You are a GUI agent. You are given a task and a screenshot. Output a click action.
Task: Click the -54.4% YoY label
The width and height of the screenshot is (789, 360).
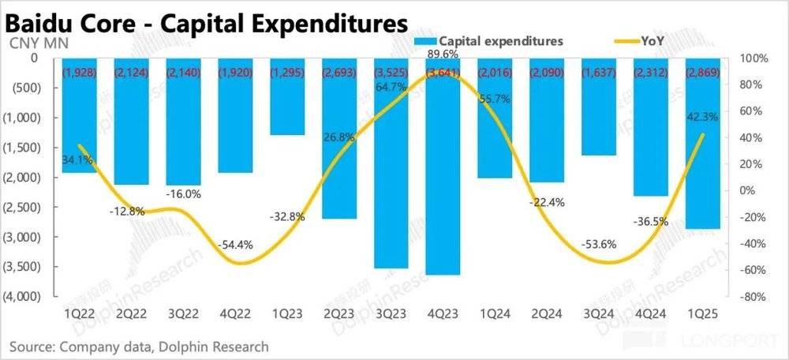coord(236,245)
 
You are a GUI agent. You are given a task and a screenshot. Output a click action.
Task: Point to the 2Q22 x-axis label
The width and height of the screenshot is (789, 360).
coord(131,313)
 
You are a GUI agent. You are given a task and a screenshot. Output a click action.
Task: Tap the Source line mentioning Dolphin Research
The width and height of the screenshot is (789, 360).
coord(139,346)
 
